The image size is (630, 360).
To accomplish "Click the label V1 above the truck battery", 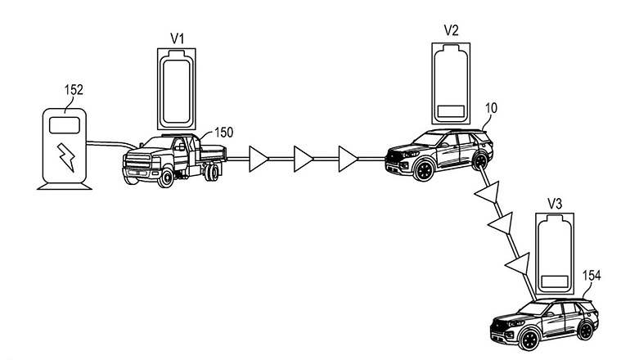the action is pyautogui.click(x=178, y=38).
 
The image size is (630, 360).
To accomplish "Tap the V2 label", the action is pyautogui.click(x=451, y=30).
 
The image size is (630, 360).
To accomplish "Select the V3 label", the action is pyautogui.click(x=555, y=204).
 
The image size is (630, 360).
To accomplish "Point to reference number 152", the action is pyautogui.click(x=74, y=90).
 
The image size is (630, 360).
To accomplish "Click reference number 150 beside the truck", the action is pyautogui.click(x=223, y=133).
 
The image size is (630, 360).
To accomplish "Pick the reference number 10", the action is pyautogui.click(x=491, y=108).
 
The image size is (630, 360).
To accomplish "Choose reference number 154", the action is pyautogui.click(x=592, y=276).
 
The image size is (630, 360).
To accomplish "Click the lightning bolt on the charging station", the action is pyautogui.click(x=66, y=157).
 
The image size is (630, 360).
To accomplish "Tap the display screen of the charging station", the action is pyautogui.click(x=65, y=125).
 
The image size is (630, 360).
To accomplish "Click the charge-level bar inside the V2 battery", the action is pyautogui.click(x=451, y=111).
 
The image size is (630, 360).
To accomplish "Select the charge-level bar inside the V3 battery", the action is pyautogui.click(x=555, y=281).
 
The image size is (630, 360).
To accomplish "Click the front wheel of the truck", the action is pyautogui.click(x=165, y=178).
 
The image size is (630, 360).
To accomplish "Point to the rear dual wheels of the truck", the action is pyautogui.click(x=211, y=172).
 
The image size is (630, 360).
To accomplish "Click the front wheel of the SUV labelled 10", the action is pyautogui.click(x=424, y=170).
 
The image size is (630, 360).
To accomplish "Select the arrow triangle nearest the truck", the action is pyautogui.click(x=258, y=159).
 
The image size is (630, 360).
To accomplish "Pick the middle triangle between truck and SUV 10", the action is pyautogui.click(x=303, y=159).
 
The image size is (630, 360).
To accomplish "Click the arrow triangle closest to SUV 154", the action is pyautogui.click(x=518, y=264).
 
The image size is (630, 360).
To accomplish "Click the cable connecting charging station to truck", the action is pyautogui.click(x=111, y=144).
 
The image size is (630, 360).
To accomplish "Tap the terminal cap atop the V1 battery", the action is pyautogui.click(x=177, y=55).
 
